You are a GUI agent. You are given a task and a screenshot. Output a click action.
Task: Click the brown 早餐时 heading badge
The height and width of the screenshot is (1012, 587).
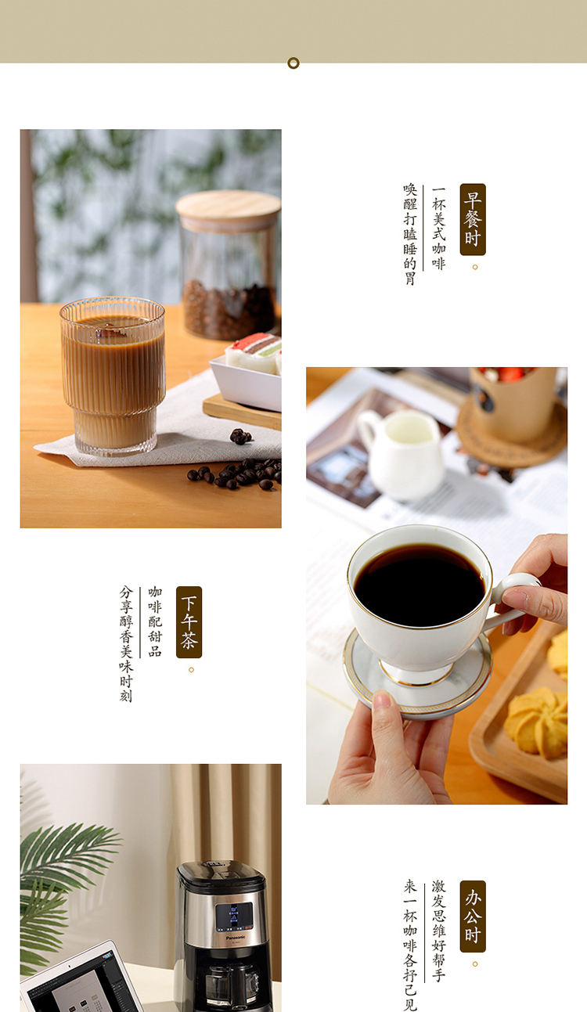click(x=473, y=219)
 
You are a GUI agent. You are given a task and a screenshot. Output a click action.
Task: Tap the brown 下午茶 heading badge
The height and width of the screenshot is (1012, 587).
click(x=189, y=621)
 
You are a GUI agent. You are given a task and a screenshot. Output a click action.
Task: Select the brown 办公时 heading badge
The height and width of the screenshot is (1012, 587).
click(x=473, y=917)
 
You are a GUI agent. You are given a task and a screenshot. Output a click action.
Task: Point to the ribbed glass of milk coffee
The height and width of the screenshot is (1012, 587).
click(x=113, y=376)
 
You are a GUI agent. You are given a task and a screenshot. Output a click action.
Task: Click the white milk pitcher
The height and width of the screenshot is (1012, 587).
click(x=401, y=454)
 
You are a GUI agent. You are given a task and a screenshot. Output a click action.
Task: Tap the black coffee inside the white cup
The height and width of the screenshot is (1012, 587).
click(x=419, y=584)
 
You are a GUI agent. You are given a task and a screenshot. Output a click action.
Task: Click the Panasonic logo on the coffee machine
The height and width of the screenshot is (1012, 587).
click(x=236, y=937)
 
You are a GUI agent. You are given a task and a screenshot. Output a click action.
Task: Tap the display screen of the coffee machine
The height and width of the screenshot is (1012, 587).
click(x=233, y=917)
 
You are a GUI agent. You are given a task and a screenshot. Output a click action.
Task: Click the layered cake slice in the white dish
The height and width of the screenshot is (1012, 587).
click(x=256, y=352)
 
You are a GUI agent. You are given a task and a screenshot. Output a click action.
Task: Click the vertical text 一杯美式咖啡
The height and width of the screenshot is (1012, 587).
click(x=438, y=229)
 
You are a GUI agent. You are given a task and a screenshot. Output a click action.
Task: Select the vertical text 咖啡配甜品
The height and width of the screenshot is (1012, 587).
click(x=155, y=621)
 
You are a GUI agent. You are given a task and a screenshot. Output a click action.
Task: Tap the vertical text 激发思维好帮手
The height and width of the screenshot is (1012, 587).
click(x=438, y=931)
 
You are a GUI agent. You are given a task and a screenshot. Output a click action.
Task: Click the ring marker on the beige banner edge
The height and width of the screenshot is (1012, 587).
click(x=293, y=63)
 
